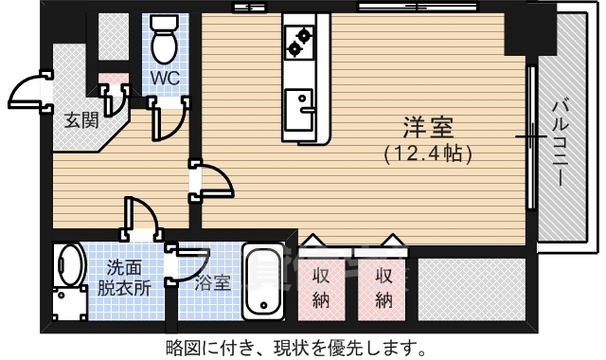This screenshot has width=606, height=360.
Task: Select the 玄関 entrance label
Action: point(80,120)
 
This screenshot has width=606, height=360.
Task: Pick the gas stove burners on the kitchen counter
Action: point(300,40)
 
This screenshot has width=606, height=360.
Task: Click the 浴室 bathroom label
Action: point(212,281)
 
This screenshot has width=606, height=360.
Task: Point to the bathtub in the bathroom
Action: point(262,281)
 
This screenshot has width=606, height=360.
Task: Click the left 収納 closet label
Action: point(323,288)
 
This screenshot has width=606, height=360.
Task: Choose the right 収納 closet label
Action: point(383,288)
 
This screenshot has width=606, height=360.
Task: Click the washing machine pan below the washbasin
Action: point(66,304)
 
